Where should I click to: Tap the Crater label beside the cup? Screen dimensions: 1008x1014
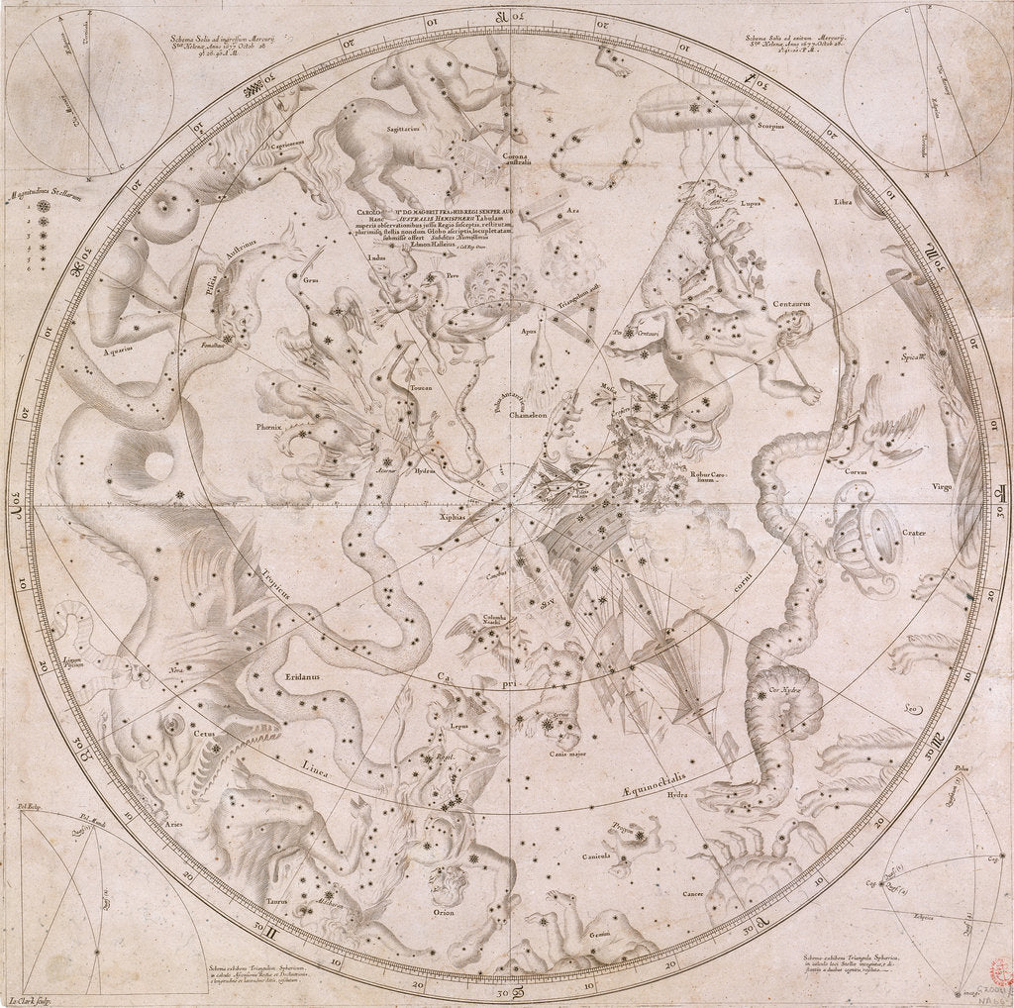912,534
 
